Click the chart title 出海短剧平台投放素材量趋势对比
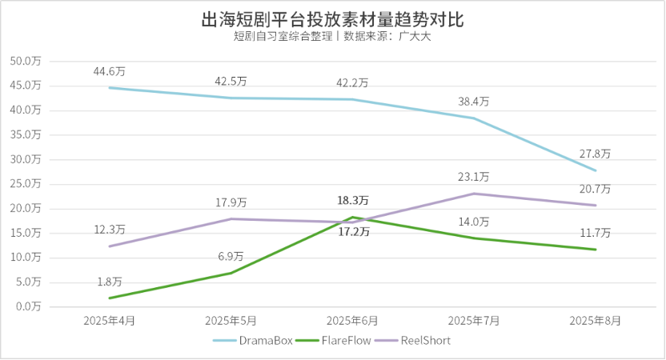[332, 18]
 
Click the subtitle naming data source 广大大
[332, 37]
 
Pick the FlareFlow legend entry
[332, 340]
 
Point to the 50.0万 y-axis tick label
[27, 61]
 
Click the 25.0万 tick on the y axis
[27, 183]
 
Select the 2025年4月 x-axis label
[110, 320]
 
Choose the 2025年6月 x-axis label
[352, 320]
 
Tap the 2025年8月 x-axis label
[595, 320]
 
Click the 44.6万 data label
[110, 72]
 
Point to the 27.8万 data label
[595, 153]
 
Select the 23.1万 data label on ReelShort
[474, 177]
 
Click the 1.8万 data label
[110, 282]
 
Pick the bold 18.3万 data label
[352, 199]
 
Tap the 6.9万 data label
[231, 256]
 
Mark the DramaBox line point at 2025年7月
[474, 118]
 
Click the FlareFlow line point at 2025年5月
[231, 273]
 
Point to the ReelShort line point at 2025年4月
[110, 246]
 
